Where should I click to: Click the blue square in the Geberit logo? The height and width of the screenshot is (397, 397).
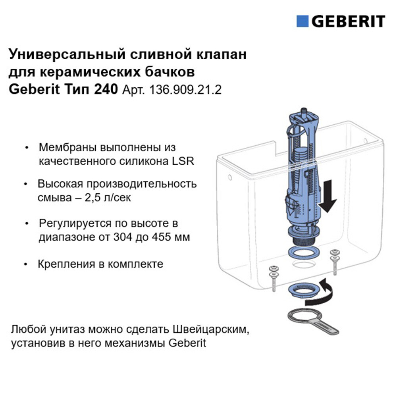[x=303, y=21]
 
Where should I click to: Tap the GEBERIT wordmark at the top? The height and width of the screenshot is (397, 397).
[x=348, y=21]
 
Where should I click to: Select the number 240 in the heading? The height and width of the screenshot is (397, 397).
[x=106, y=90]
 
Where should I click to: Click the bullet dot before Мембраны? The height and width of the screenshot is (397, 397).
[x=27, y=147]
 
